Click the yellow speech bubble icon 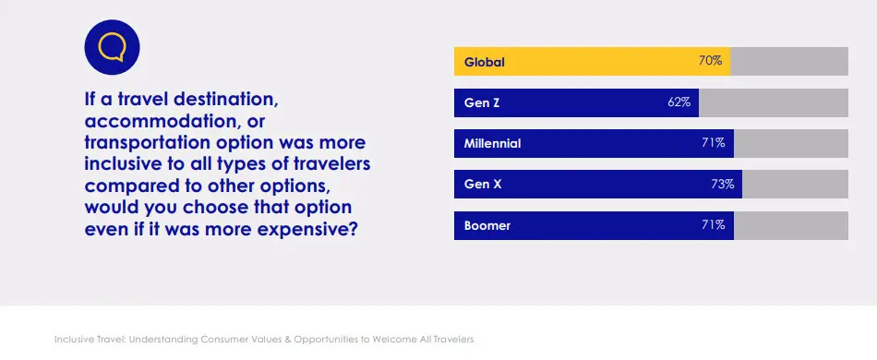(111, 46)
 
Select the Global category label (485, 63)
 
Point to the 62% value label (679, 102)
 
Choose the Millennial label (493, 143)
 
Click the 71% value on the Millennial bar (714, 143)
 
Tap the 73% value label (722, 185)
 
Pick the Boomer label (487, 225)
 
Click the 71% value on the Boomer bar (714, 225)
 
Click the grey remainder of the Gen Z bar (773, 102)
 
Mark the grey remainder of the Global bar (789, 62)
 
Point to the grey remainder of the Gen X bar (795, 185)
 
